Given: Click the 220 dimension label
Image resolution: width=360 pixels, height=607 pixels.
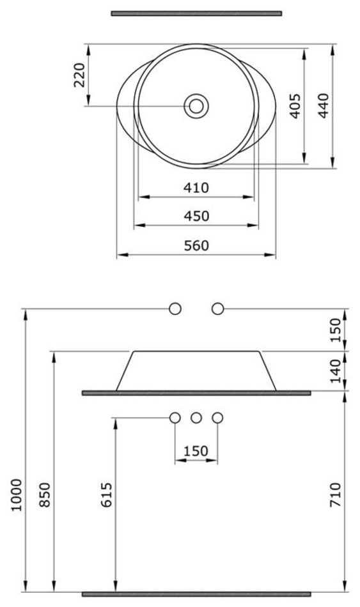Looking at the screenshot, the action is click(x=79, y=75).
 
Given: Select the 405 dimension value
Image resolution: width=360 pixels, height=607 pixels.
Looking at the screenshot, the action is click(x=295, y=105).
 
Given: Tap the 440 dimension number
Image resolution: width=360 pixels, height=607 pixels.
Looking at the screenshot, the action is click(x=323, y=105).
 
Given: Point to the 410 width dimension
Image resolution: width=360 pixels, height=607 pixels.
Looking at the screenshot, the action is click(x=196, y=188).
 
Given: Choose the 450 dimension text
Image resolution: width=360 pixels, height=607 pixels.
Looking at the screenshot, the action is click(x=196, y=216).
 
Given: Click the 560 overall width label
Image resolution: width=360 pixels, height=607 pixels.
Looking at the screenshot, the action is click(x=196, y=245).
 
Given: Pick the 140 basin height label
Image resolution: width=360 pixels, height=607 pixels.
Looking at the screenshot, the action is click(x=335, y=371).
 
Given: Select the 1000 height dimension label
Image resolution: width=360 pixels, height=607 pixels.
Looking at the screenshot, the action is click(x=16, y=495).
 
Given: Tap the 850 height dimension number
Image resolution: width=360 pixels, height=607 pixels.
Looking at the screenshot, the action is click(x=45, y=495).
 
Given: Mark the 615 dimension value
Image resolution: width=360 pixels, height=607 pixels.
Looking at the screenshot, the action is click(x=106, y=495).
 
